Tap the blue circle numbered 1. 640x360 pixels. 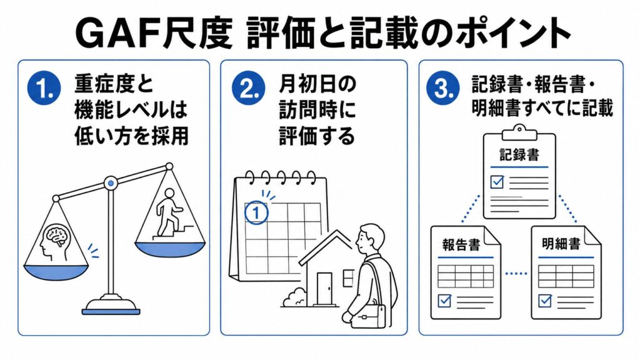44,87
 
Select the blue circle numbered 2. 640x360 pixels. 249,87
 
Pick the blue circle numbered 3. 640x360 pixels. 443,87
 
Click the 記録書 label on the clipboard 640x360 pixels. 519,155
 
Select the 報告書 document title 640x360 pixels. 461,245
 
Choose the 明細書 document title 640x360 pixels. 561,244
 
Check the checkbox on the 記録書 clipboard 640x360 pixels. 497,181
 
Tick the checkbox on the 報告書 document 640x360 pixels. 444,301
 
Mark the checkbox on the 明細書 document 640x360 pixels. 545,301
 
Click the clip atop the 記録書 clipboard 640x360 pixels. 519,132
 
